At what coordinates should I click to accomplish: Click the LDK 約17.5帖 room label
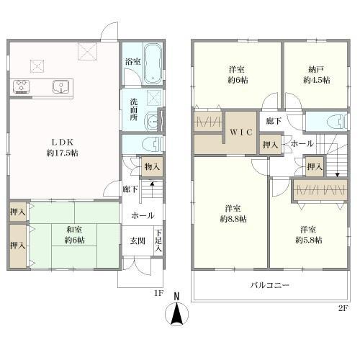tap(63, 148)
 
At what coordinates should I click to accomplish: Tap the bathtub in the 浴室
tap(153, 64)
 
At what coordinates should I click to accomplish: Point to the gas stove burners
tap(22, 86)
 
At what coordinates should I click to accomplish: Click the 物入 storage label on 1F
tap(152, 166)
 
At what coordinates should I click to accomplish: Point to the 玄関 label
tap(138, 240)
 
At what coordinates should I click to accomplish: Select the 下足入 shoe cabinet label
tap(158, 240)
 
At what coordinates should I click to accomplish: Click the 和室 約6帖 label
tap(74, 235)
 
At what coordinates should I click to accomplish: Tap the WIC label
tap(241, 132)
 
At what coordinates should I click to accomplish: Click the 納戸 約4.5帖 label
tap(316, 75)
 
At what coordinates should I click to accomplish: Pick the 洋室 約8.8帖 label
tap(233, 214)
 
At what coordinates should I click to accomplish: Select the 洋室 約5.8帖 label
tap(308, 235)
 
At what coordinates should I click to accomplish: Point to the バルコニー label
tap(270, 285)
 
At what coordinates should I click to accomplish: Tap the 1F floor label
tap(158, 293)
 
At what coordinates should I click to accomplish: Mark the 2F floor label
tap(343, 308)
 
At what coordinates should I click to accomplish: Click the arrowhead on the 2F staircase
tap(338, 175)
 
